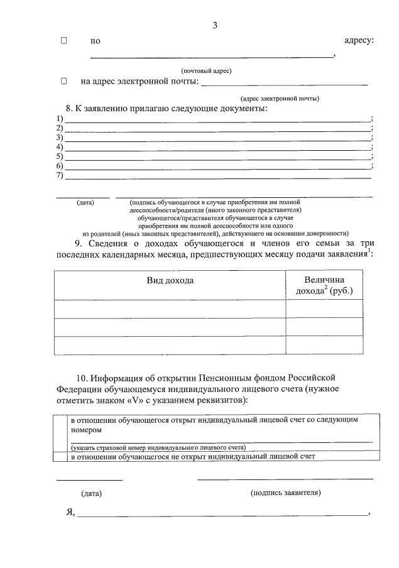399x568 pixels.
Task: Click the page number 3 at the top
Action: coord(215,26)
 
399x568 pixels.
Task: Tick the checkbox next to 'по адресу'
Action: coord(63,41)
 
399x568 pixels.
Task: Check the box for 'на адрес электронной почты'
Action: coord(63,81)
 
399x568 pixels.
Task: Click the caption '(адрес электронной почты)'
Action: coord(280,98)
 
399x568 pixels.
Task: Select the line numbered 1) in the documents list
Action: coord(217,119)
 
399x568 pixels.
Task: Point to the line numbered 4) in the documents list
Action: coord(217,147)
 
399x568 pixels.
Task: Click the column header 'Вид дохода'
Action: coord(170,280)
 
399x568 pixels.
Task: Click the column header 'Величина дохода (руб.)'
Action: coord(324,285)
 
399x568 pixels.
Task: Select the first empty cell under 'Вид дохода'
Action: coord(170,309)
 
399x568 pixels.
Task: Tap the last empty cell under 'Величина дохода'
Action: coord(324,346)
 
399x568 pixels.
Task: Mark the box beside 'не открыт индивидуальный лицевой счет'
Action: coord(61,457)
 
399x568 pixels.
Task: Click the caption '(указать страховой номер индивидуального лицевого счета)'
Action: coord(158,447)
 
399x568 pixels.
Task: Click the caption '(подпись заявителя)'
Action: coord(285,493)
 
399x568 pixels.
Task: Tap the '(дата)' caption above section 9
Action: coord(85,202)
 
